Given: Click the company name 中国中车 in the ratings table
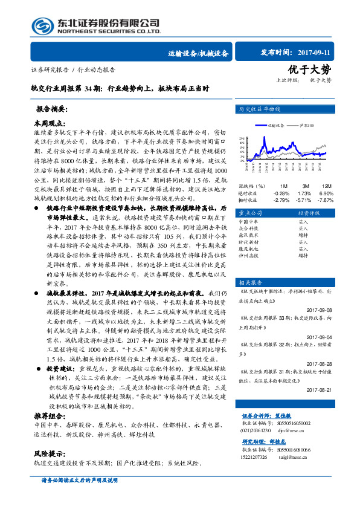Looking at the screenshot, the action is click(x=249, y=222).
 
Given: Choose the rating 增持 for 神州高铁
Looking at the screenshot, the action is click(x=303, y=255).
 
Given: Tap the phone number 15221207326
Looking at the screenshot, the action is click(x=258, y=459).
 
